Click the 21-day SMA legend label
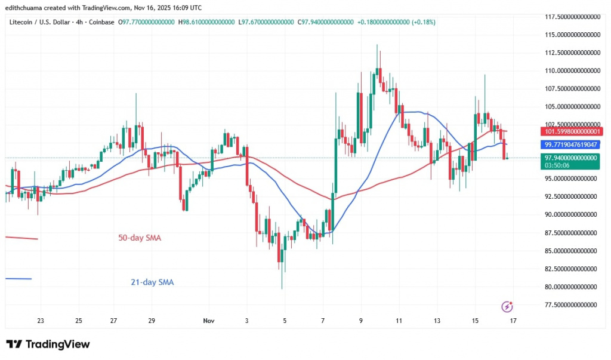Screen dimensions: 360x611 153,282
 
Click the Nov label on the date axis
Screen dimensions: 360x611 208,321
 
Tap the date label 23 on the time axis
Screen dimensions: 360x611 41,321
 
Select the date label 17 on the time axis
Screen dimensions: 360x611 513,321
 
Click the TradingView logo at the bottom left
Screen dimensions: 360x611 48,344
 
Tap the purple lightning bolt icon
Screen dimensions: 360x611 507,307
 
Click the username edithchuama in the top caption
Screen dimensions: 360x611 29,8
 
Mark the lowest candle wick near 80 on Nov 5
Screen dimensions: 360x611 282,288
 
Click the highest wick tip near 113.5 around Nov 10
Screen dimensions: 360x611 377,45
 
